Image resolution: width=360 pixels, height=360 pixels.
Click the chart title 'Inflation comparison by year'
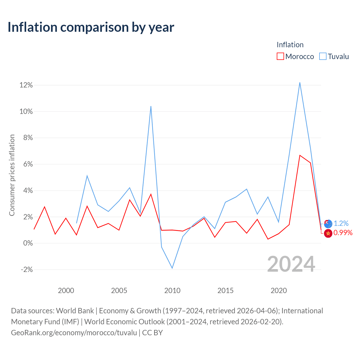tap(91, 27)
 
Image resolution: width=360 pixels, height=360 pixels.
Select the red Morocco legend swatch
tap(280, 56)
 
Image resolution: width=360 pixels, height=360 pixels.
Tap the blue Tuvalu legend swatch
tap(323, 56)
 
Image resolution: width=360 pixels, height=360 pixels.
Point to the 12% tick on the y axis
tap(26, 85)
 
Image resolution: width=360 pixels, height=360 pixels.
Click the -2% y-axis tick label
tap(27, 270)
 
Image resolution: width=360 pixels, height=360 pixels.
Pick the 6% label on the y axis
tap(28, 164)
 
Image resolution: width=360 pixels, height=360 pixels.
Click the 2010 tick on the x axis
tap(172, 291)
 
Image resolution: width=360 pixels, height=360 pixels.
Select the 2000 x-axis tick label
tap(66, 291)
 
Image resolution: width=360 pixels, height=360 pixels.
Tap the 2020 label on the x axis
tap(279, 291)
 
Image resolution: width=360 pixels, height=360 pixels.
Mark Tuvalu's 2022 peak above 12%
tap(300, 83)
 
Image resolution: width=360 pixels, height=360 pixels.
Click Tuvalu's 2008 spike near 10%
tap(151, 106)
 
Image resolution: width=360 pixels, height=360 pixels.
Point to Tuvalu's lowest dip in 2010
tap(172, 268)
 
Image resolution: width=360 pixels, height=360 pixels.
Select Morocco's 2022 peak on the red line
tap(300, 155)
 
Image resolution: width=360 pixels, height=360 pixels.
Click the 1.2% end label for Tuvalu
tap(341, 223)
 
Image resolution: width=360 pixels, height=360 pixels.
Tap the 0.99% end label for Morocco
tap(343, 233)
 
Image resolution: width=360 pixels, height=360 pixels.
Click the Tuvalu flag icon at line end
tap(328, 224)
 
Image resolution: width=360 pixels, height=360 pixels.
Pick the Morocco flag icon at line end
tap(328, 233)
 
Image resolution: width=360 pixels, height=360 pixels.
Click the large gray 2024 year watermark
tap(291, 264)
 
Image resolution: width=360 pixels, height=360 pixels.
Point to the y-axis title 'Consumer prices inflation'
tap(12, 175)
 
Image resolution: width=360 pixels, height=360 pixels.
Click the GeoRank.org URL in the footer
tap(74, 333)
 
